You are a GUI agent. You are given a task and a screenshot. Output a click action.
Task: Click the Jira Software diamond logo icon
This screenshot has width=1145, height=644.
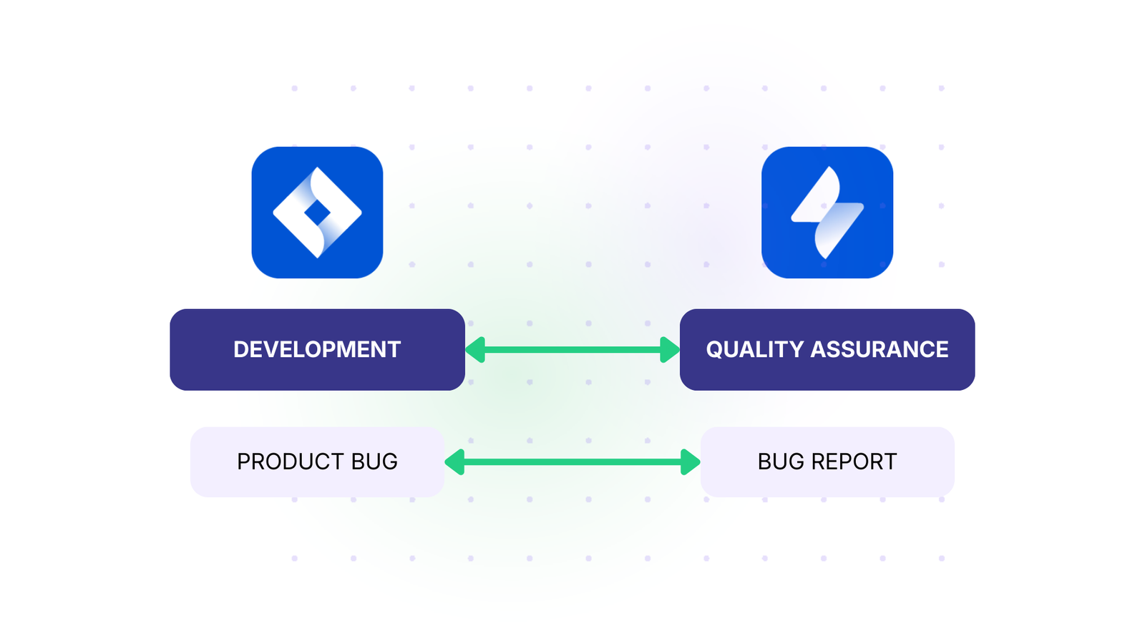click(317, 213)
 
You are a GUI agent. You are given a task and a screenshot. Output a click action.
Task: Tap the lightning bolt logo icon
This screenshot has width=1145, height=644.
click(827, 213)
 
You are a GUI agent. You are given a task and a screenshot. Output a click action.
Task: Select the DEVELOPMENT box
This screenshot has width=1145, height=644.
click(317, 349)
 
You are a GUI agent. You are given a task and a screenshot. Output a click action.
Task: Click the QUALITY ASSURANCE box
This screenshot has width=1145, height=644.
click(827, 349)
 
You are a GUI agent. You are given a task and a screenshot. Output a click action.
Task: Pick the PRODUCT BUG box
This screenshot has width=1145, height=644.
click(317, 462)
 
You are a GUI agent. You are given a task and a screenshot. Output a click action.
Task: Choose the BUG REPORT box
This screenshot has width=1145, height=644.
click(827, 462)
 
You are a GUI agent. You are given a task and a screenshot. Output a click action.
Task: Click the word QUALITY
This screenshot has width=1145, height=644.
click(755, 349)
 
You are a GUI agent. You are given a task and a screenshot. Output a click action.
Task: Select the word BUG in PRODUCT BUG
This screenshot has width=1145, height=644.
click(374, 462)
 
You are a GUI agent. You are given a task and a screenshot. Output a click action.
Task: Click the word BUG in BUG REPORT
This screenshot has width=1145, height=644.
click(781, 462)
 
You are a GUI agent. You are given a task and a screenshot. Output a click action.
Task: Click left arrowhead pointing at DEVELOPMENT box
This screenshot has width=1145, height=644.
click(476, 350)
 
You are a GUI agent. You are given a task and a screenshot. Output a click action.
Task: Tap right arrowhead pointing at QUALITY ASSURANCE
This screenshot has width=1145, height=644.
click(669, 350)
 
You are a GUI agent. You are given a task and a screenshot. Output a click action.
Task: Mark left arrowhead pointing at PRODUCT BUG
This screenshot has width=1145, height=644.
click(456, 462)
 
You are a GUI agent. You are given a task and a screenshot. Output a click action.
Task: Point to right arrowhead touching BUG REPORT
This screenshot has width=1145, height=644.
click(689, 462)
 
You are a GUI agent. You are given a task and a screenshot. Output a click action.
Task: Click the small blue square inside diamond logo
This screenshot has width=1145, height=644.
click(317, 213)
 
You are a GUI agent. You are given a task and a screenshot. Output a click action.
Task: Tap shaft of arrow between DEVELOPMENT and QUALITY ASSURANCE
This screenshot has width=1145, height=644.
click(572, 350)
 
